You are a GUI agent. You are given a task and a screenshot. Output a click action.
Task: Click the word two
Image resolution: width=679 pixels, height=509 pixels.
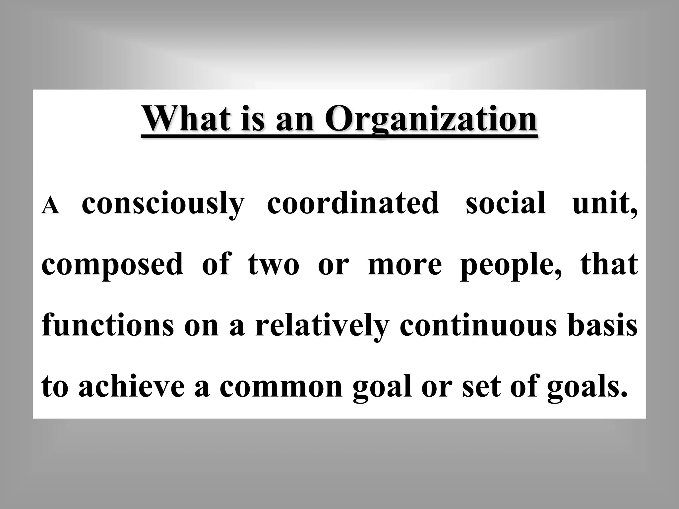pyautogui.click(x=273, y=264)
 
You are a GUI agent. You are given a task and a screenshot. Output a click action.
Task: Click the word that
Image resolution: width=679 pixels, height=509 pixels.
pyautogui.click(x=609, y=264)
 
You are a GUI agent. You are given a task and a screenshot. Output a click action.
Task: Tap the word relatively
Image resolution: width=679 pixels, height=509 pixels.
pyautogui.click(x=322, y=325)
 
